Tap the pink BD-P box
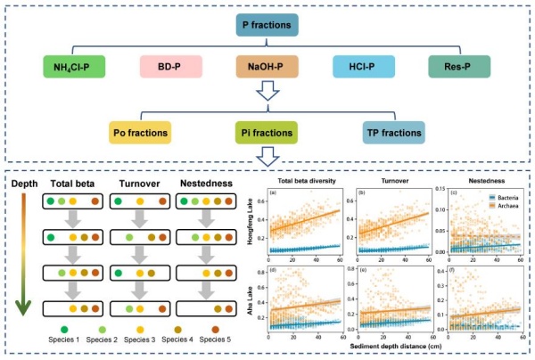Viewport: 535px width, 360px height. click(x=170, y=67)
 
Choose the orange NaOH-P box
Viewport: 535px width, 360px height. click(x=267, y=67)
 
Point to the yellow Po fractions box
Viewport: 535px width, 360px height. click(x=141, y=134)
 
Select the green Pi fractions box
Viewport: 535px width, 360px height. click(x=267, y=134)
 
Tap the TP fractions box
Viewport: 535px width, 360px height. click(x=394, y=134)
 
